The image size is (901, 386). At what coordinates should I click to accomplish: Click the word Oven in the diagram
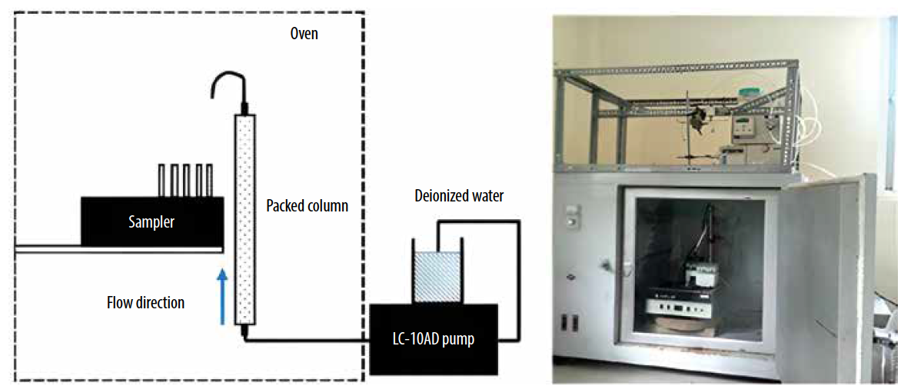coord(304,34)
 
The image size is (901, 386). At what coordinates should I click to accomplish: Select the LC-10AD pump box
coord(434,338)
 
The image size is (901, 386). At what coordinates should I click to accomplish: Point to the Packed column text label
coord(307,206)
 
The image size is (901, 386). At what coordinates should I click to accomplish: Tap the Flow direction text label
coord(145,302)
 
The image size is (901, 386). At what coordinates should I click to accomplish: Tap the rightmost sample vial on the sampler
coord(208,180)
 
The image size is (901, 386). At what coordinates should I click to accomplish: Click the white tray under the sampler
coord(115,248)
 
